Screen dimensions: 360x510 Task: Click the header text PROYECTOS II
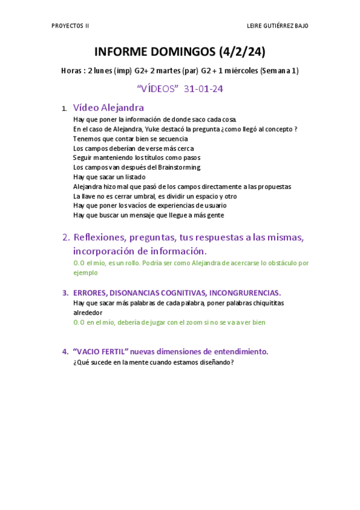click(71, 26)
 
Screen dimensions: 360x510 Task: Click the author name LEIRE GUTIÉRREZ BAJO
click(278, 26)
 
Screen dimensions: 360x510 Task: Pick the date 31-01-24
click(204, 89)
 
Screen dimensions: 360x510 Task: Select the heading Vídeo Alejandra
click(108, 108)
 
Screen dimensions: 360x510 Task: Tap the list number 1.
click(64, 109)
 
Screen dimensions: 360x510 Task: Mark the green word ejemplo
click(85, 272)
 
